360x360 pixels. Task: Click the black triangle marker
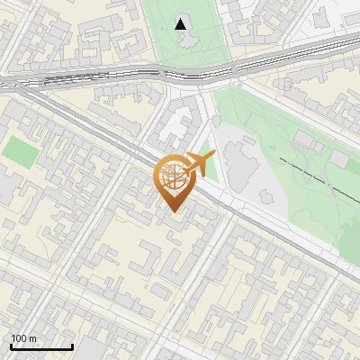click(x=182, y=24)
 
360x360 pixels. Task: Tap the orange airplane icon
click(x=199, y=165)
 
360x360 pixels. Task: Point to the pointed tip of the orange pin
click(x=172, y=211)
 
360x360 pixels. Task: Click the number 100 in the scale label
click(x=19, y=338)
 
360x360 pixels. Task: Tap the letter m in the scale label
click(x=32, y=338)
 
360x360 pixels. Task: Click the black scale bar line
click(x=41, y=346)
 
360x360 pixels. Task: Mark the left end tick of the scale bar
click(x=11, y=345)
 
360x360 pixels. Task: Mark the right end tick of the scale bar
click(x=72, y=345)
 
